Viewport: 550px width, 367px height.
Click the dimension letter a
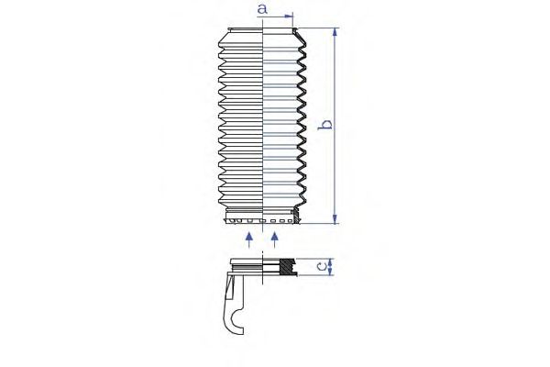pyautogui.click(x=261, y=9)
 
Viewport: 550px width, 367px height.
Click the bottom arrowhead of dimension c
pyautogui.click(x=329, y=272)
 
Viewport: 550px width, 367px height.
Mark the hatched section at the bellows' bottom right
pyautogui.click(x=295, y=217)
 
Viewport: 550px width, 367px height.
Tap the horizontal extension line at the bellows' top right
pyautogui.click(x=321, y=27)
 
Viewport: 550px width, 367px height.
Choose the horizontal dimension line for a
pyautogui.click(x=277, y=17)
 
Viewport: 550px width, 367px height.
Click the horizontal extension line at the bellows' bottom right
pyautogui.click(x=321, y=223)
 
